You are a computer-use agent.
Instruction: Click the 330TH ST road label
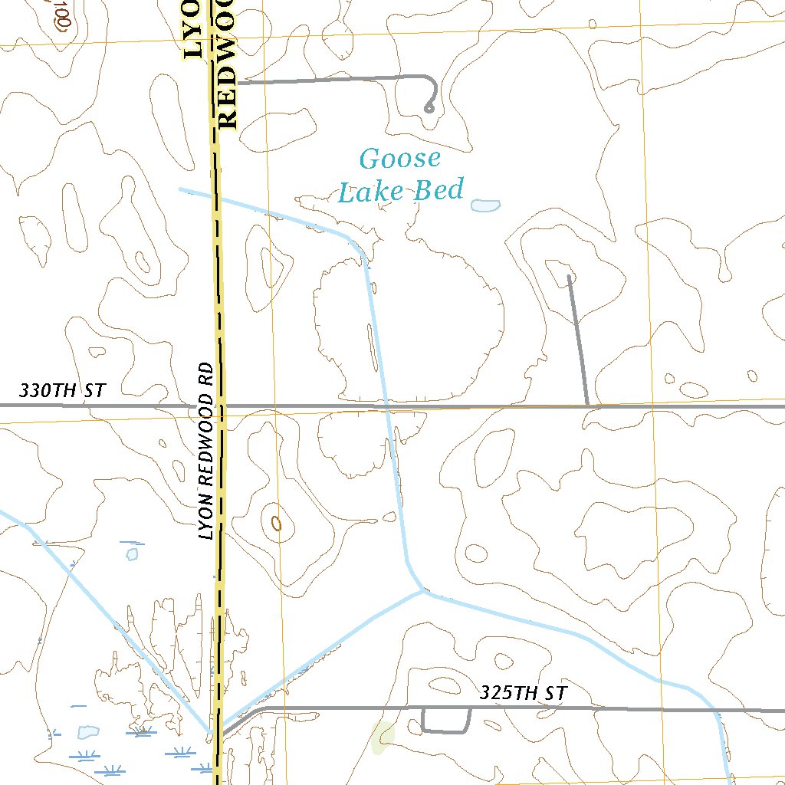pos(61,390)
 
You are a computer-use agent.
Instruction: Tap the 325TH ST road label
pos(524,694)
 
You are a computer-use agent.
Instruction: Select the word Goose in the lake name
pos(400,159)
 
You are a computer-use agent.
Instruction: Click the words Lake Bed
pos(401,190)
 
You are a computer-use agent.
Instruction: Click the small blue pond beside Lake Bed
pos(485,205)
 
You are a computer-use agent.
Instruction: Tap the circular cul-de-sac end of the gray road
pos(429,109)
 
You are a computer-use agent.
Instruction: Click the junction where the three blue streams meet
pos(422,591)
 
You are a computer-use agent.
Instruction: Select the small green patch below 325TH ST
pos(383,737)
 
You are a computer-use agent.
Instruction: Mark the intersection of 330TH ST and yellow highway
pos(221,405)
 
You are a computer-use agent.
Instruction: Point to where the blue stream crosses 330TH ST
pos(386,406)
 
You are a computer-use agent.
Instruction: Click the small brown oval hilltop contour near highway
pos(277,523)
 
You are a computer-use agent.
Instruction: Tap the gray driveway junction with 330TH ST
pos(587,405)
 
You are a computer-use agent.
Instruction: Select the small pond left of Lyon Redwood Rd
pos(132,553)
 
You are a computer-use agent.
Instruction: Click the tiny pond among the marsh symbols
pos(87,732)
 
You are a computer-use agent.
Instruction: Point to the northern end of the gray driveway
pos(568,276)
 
